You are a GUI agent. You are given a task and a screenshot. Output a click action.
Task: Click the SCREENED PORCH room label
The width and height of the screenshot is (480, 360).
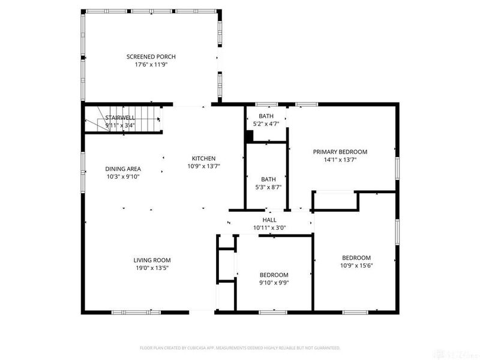pyautogui.click(x=151, y=57)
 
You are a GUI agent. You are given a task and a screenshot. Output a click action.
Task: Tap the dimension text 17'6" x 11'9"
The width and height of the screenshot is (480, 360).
pyautogui.click(x=151, y=65)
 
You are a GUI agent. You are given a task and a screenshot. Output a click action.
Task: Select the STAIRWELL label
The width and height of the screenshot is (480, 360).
pyautogui.click(x=120, y=118)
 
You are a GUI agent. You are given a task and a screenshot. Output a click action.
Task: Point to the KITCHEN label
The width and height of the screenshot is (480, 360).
pyautogui.click(x=203, y=158)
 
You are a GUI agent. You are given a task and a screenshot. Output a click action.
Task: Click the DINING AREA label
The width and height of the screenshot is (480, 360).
pyautogui.click(x=123, y=169)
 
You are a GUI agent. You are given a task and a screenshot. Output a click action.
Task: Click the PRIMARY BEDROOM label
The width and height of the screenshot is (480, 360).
pyautogui.click(x=340, y=152)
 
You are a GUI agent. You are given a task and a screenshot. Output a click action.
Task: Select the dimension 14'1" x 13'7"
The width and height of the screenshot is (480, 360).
pyautogui.click(x=340, y=160)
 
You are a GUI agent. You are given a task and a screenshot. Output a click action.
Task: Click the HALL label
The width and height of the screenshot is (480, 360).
pyautogui.click(x=269, y=220)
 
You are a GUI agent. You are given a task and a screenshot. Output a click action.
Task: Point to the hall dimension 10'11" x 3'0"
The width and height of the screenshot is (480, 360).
pyautogui.click(x=269, y=228)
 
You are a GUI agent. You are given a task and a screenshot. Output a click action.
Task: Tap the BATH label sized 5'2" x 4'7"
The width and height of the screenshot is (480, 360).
pyautogui.click(x=266, y=116)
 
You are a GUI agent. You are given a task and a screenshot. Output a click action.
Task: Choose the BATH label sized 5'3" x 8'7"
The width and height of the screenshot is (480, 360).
pyautogui.click(x=268, y=179)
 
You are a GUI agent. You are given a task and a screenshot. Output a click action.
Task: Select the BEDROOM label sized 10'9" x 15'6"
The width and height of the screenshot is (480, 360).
pyautogui.click(x=356, y=258)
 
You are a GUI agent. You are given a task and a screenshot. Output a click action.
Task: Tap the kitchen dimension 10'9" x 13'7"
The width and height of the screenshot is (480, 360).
pyautogui.click(x=203, y=166)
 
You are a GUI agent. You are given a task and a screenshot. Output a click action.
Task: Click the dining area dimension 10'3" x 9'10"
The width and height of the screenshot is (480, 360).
pyautogui.click(x=123, y=177)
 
